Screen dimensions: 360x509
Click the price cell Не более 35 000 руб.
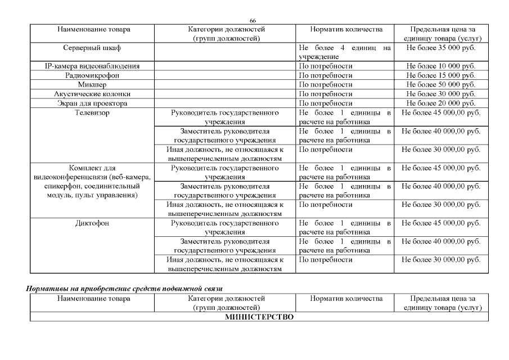click(x=441, y=48)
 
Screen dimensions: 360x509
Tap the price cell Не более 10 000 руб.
click(x=441, y=66)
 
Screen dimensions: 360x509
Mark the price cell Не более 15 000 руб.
click(x=441, y=75)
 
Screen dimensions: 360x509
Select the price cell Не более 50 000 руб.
click(x=441, y=85)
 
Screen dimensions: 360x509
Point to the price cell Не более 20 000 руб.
click(x=441, y=103)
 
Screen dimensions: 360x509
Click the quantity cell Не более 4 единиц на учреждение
click(x=344, y=52)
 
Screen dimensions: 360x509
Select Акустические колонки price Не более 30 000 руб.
click(x=441, y=94)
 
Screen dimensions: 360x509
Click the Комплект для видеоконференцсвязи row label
click(x=92, y=182)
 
